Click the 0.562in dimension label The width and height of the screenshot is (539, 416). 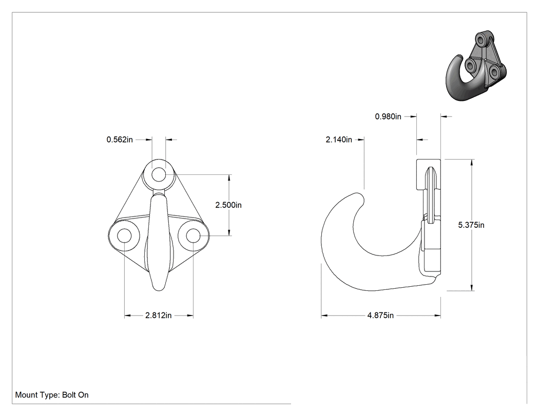(120, 140)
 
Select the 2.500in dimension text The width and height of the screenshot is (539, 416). (228, 205)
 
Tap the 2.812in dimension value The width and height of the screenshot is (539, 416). (159, 315)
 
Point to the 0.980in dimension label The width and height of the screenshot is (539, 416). (388, 117)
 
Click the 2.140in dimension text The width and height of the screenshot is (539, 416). (339, 140)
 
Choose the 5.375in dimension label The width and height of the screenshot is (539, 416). (471, 225)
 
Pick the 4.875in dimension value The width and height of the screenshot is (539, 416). (380, 315)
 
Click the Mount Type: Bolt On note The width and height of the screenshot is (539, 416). (52, 395)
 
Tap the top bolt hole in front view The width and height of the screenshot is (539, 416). (159, 174)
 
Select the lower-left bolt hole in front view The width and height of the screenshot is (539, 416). (124, 236)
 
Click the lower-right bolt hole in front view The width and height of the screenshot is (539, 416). (193, 236)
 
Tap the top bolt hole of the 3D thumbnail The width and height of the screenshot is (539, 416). (483, 41)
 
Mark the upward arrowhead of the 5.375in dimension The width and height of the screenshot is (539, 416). (472, 163)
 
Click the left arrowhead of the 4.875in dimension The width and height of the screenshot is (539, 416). (325, 315)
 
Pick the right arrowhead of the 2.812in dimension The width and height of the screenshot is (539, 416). (189, 315)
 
